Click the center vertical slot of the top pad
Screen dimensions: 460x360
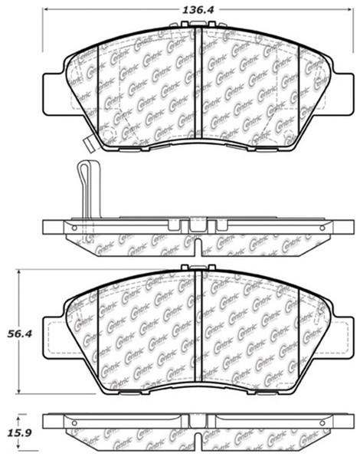[x=196, y=84]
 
